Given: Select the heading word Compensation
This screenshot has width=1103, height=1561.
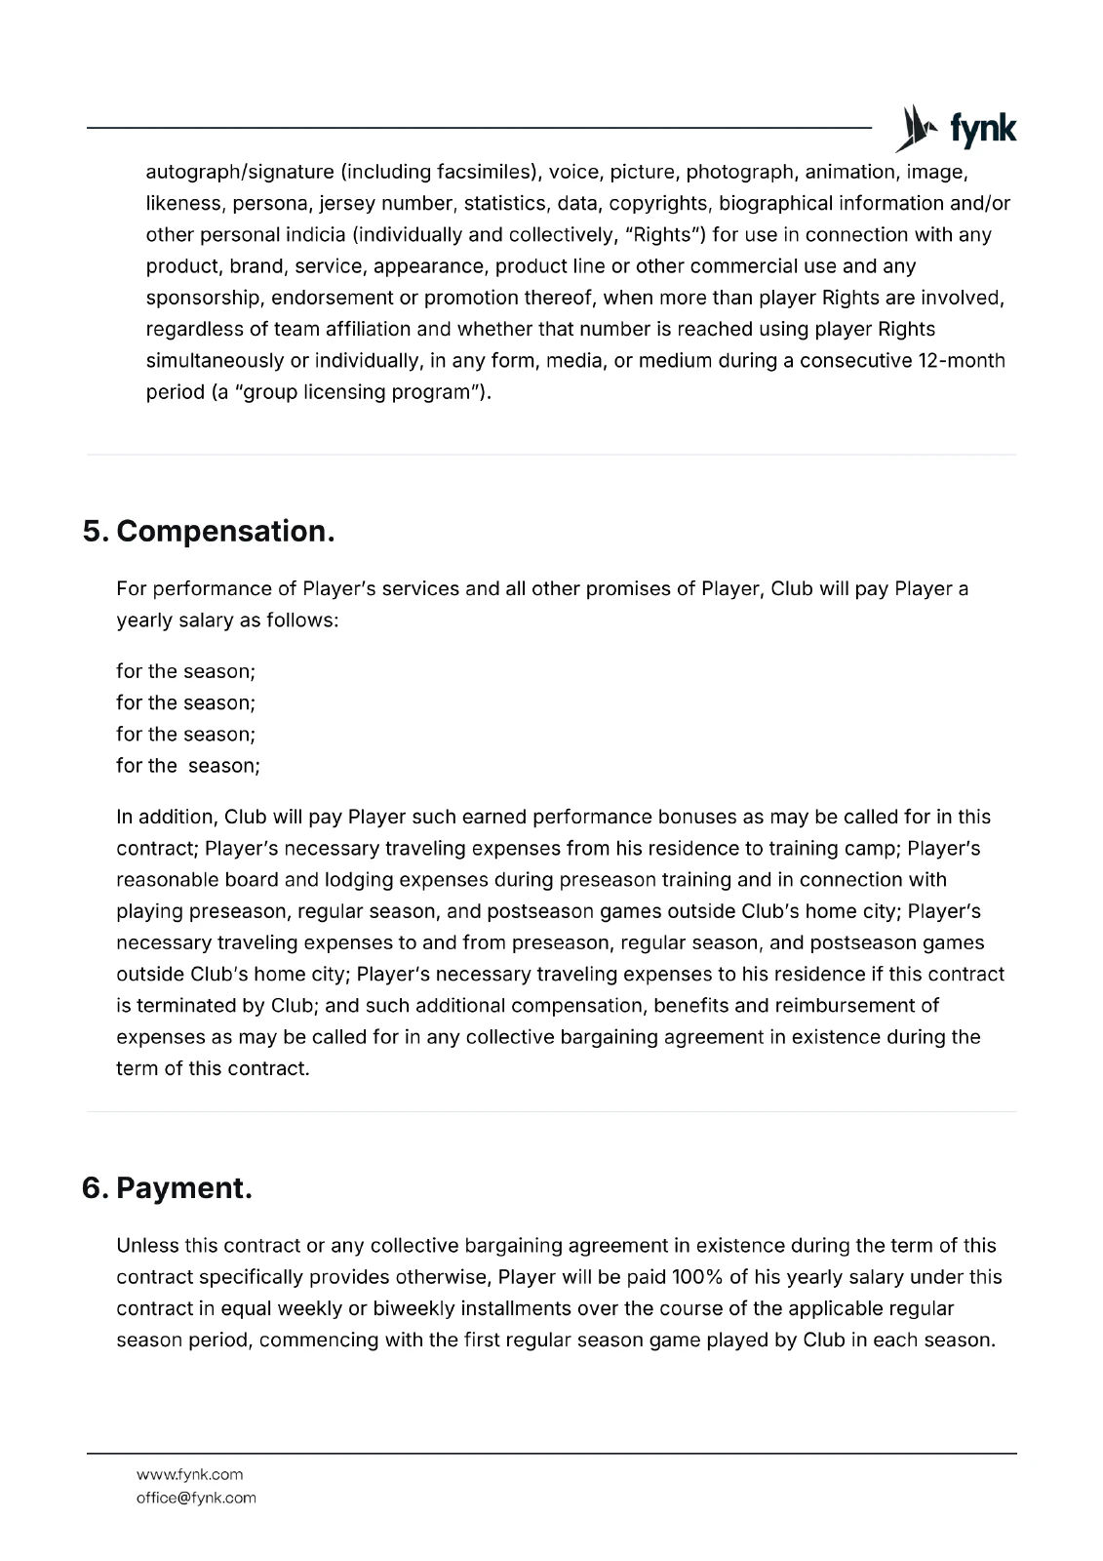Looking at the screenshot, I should (225, 532).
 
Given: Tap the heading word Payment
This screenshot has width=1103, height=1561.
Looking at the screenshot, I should (184, 1188).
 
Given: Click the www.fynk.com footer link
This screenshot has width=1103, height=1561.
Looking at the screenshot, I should (189, 1474).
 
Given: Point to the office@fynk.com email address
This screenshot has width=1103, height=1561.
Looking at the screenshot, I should (196, 1498).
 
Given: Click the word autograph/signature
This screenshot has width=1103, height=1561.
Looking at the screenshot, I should (240, 173).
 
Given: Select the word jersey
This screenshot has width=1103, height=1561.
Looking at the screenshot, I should (348, 204).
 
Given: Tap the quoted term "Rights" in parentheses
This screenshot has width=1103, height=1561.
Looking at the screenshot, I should (668, 235).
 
